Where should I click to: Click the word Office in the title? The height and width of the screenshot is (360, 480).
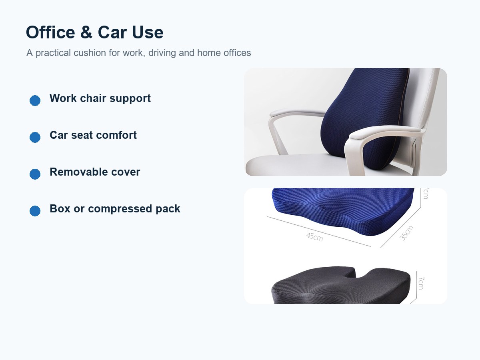50,32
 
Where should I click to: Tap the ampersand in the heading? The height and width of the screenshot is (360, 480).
86,32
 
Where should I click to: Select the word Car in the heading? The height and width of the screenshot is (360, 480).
112,32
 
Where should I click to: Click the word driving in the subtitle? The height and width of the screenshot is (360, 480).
162,53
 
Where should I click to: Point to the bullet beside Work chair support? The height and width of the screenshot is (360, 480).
35,100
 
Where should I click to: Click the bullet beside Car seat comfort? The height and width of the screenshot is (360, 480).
35,137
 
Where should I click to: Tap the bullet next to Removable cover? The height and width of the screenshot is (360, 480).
35,174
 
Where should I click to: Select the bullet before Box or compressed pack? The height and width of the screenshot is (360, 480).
35,211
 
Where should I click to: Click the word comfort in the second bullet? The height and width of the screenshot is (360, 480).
116,135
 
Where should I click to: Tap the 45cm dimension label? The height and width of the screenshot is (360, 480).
314,237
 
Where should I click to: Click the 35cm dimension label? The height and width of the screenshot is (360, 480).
406,233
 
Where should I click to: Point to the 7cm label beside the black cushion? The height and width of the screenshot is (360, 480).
421,283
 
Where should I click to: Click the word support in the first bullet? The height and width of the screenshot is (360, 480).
130,99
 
